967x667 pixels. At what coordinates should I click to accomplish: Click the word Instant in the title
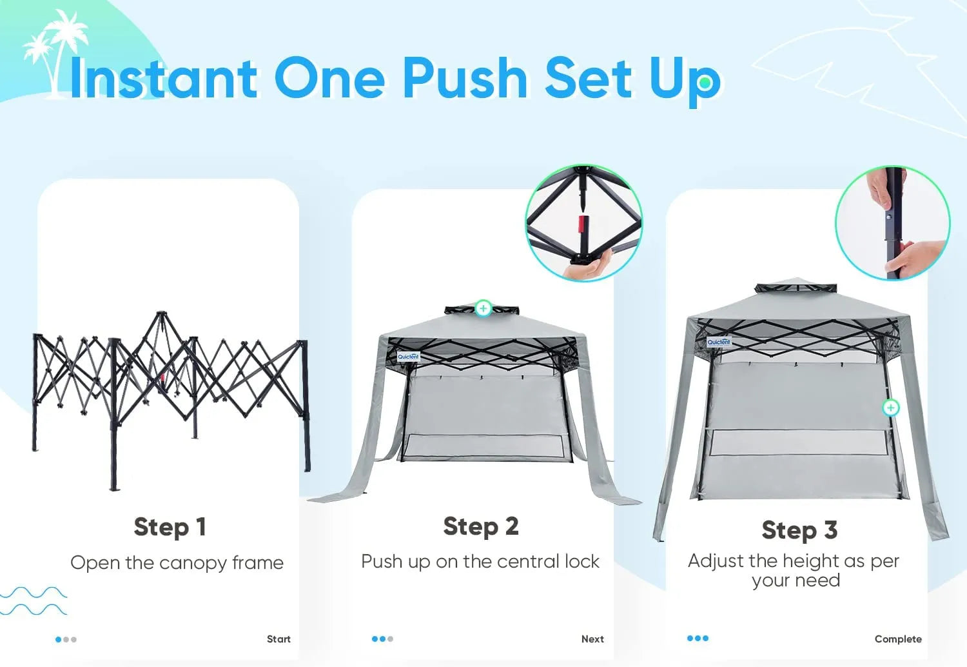[x=164, y=78]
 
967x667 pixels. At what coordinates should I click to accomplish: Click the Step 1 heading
[x=170, y=527]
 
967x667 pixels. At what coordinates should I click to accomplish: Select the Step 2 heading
[x=481, y=526]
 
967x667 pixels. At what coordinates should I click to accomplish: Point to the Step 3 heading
[x=799, y=530]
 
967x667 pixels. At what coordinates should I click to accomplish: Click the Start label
[x=278, y=639]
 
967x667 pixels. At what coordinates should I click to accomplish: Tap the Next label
[x=592, y=639]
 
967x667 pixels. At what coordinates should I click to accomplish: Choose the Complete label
[x=898, y=639]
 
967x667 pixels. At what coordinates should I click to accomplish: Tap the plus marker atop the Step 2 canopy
[x=484, y=308]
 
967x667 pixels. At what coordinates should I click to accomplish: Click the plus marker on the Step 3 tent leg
[x=890, y=408]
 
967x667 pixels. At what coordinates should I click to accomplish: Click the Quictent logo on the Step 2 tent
[x=408, y=357]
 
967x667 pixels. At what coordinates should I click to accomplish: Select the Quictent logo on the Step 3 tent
[x=719, y=342]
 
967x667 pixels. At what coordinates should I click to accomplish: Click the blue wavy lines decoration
[x=34, y=601]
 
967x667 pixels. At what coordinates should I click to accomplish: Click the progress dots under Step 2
[x=382, y=639]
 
